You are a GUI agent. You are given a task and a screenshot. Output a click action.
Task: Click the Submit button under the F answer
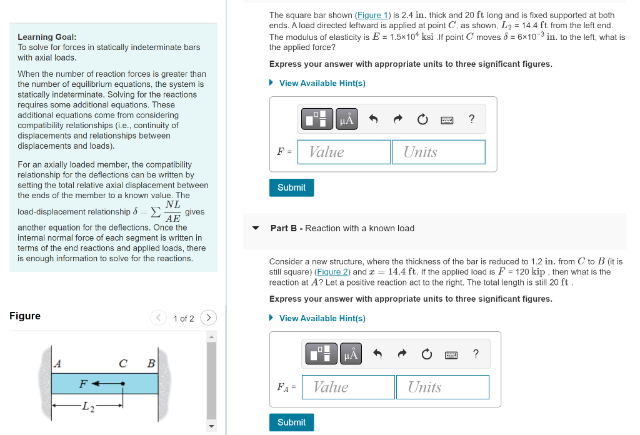tap(291, 187)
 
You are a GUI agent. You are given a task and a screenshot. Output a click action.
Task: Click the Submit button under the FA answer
tap(291, 422)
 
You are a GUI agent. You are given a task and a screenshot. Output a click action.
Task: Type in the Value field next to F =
tap(344, 152)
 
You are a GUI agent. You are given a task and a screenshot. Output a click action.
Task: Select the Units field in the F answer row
tap(438, 152)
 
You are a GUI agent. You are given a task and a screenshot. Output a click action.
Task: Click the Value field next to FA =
tap(348, 387)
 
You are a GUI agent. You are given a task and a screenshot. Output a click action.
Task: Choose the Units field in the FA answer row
tap(442, 387)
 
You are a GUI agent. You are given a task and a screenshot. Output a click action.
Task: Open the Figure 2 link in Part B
tap(333, 272)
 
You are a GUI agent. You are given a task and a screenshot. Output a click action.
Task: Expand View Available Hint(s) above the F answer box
tap(322, 83)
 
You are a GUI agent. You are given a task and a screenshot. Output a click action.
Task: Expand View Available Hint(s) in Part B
tap(322, 318)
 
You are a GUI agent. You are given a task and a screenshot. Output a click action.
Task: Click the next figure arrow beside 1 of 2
tap(208, 318)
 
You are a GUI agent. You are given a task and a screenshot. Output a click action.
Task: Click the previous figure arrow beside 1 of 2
tap(159, 318)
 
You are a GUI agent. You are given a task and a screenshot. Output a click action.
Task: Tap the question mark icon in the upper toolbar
tap(471, 119)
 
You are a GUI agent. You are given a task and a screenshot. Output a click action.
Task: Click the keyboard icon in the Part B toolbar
tap(451, 354)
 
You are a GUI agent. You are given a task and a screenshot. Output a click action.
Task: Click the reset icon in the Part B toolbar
tap(427, 354)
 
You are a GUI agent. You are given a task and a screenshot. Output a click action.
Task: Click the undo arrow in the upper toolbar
tap(373, 119)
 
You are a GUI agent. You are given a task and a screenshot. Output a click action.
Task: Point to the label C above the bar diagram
tap(123, 363)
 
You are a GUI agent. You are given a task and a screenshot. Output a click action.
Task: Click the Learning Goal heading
tap(47, 37)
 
